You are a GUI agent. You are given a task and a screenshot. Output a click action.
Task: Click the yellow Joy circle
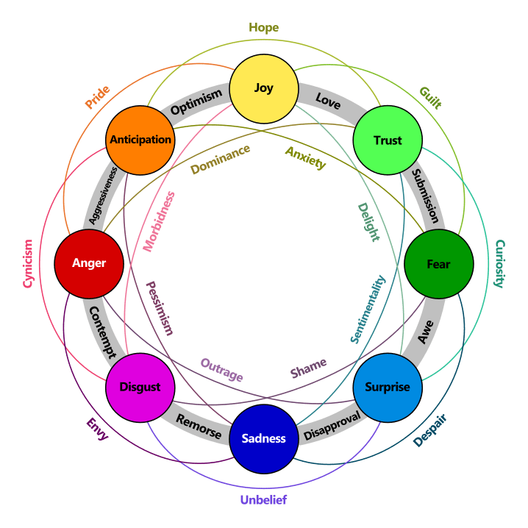[x=263, y=88]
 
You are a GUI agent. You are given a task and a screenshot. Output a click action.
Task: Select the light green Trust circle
[x=388, y=140]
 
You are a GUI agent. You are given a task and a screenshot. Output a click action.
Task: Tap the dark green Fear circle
[x=438, y=264]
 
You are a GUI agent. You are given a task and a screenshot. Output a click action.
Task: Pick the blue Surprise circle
[x=388, y=388]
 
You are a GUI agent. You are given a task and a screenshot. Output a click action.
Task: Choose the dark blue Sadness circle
[x=263, y=438]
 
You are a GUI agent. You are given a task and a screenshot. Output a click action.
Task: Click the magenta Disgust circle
[x=140, y=388]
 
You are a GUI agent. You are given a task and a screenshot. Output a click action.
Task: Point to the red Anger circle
[x=88, y=263]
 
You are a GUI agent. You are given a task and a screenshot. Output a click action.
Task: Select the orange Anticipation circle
[x=140, y=140]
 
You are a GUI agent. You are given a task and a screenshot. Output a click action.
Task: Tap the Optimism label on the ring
[x=196, y=104]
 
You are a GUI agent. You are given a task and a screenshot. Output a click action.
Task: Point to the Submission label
[x=424, y=196]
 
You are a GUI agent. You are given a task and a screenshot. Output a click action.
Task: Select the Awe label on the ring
[x=426, y=330]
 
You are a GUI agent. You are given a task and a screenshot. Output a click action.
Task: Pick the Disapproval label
[x=332, y=424]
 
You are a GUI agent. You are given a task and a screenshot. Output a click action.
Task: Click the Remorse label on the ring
[x=198, y=426]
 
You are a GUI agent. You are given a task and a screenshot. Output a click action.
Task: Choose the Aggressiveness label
[x=102, y=196]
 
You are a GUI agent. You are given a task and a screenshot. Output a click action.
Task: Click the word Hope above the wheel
[x=263, y=28]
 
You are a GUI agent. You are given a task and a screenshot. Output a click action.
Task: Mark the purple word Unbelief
[x=263, y=501]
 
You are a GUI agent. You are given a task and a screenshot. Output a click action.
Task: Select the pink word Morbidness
[x=160, y=221]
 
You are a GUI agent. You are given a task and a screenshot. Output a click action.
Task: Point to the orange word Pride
[x=97, y=97]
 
